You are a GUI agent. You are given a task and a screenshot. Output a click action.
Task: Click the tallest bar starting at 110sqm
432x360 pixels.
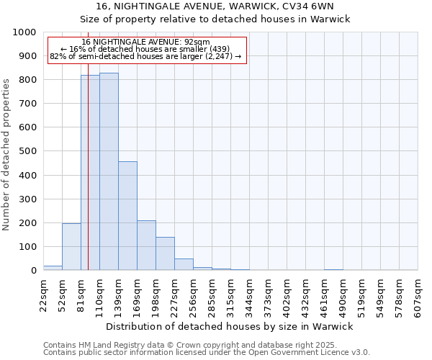click(x=109, y=173)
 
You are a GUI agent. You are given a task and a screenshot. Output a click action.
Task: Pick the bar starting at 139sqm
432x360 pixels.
click(x=127, y=216)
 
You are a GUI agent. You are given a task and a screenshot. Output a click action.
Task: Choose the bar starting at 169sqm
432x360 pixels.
click(x=146, y=246)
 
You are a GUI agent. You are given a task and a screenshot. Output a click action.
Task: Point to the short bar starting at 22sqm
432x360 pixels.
click(x=53, y=268)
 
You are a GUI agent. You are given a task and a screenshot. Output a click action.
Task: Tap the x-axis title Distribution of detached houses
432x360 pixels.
click(x=230, y=326)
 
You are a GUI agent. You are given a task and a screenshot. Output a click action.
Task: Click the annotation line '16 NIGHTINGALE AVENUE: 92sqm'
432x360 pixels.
click(x=146, y=42)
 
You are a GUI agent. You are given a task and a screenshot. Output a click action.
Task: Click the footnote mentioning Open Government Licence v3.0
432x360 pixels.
click(x=207, y=353)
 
